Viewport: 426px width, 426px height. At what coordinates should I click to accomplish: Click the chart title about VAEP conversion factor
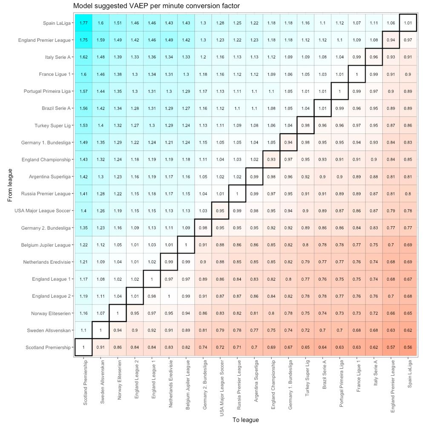156,6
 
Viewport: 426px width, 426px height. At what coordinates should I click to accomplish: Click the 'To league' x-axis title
245,420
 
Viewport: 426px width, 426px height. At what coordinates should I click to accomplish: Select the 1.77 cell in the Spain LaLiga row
83,23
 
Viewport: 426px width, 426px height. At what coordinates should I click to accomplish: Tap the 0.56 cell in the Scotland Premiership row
408,347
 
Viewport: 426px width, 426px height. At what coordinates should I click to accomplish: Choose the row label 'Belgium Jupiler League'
46,245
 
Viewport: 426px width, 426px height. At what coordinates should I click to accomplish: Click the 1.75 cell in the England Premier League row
83,40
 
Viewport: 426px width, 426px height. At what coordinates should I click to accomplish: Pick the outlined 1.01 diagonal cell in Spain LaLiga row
408,23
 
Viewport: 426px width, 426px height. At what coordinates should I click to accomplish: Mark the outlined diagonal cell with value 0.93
271,159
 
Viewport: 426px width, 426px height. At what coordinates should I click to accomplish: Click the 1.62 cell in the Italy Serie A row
83,57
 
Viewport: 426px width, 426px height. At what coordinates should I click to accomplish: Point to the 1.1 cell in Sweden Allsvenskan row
83,330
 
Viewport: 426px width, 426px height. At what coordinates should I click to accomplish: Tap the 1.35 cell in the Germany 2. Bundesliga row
83,227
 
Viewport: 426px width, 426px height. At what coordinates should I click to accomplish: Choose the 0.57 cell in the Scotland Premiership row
391,347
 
